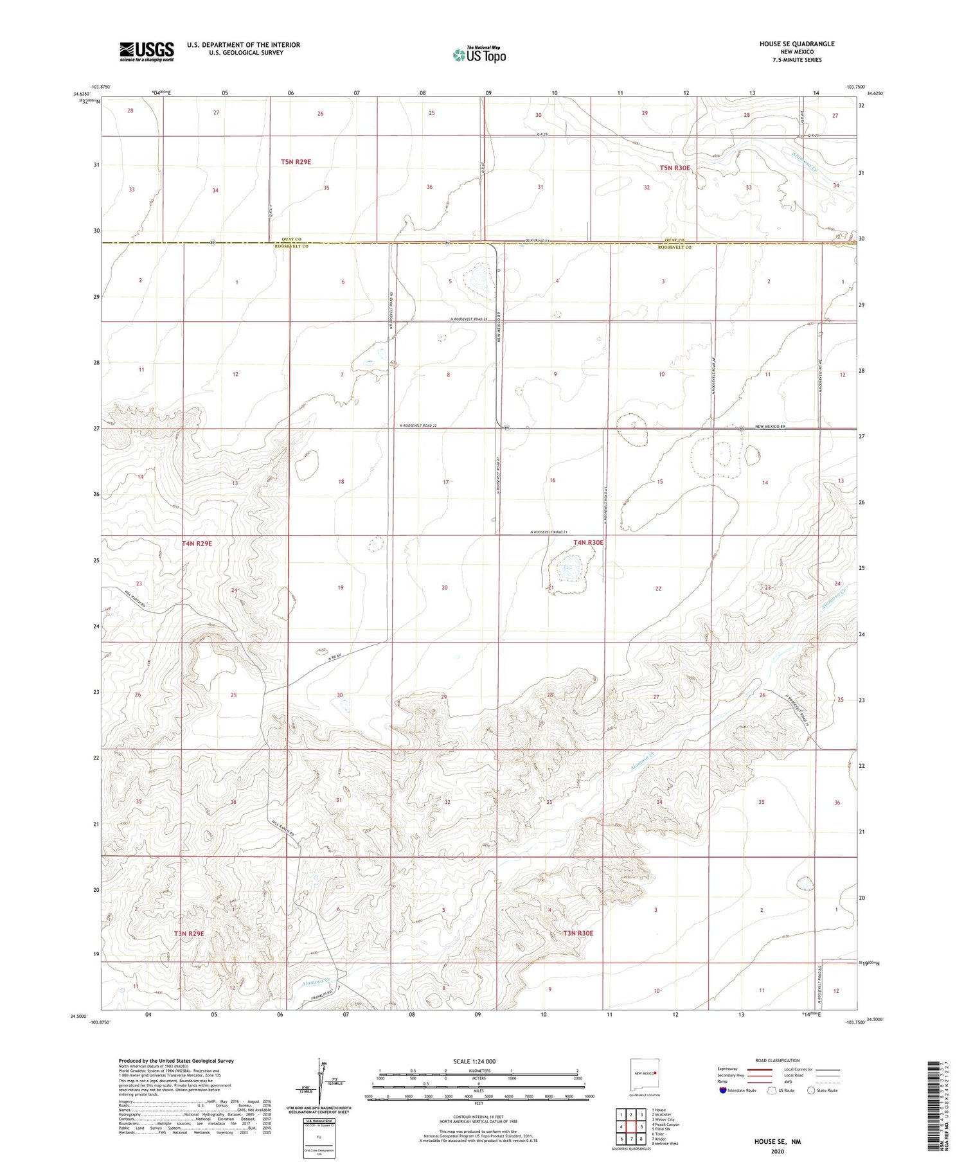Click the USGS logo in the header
[147, 51]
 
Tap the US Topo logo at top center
[479, 55]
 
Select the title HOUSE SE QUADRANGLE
[797, 44]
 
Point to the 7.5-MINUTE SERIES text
[797, 60]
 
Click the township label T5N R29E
[296, 162]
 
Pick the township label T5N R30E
[675, 168]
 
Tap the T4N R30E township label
[588, 542]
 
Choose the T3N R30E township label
[578, 933]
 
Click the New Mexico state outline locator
[646, 1072]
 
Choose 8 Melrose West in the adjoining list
[665, 1143]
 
